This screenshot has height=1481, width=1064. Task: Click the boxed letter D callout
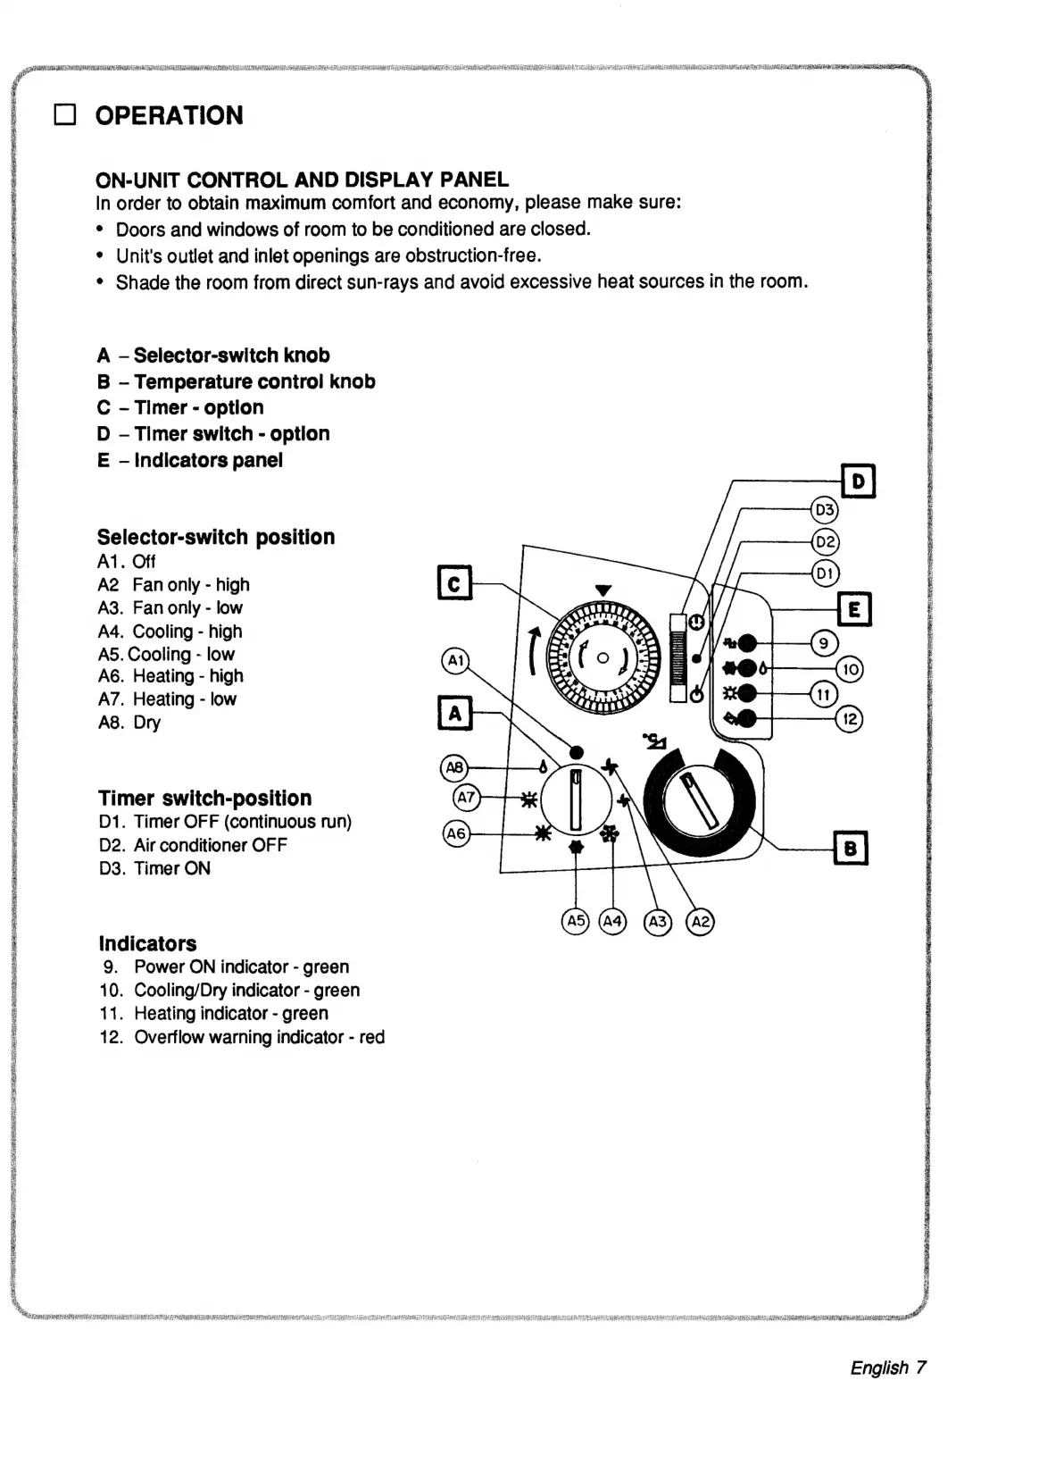pyautogui.click(x=858, y=481)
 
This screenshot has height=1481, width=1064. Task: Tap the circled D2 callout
pyautogui.click(x=825, y=541)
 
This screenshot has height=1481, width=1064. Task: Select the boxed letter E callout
pyautogui.click(x=854, y=609)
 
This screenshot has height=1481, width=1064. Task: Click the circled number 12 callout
pyautogui.click(x=849, y=718)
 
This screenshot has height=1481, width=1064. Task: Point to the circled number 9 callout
pyautogui.click(x=824, y=643)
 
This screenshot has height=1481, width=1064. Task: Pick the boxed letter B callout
pyautogui.click(x=850, y=848)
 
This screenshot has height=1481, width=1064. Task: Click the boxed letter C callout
pyautogui.click(x=454, y=583)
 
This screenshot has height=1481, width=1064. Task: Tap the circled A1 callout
pyautogui.click(x=456, y=662)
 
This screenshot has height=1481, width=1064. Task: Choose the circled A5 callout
pyautogui.click(x=576, y=921)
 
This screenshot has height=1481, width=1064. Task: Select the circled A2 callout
pyautogui.click(x=701, y=921)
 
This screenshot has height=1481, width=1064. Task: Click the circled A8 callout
pyautogui.click(x=455, y=767)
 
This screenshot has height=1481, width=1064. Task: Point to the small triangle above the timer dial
pyautogui.click(x=603, y=590)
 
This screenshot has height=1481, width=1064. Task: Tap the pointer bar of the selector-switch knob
pyautogui.click(x=576, y=797)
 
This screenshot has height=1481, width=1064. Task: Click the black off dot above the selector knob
pyautogui.click(x=576, y=752)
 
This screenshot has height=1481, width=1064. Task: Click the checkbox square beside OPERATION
pyautogui.click(x=65, y=115)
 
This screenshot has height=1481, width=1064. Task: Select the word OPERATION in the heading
pyautogui.click(x=169, y=115)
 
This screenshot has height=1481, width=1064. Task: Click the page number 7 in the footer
pyautogui.click(x=921, y=1367)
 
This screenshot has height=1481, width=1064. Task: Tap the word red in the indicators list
pyautogui.click(x=371, y=1037)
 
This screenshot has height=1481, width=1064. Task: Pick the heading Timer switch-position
pyautogui.click(x=204, y=798)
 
